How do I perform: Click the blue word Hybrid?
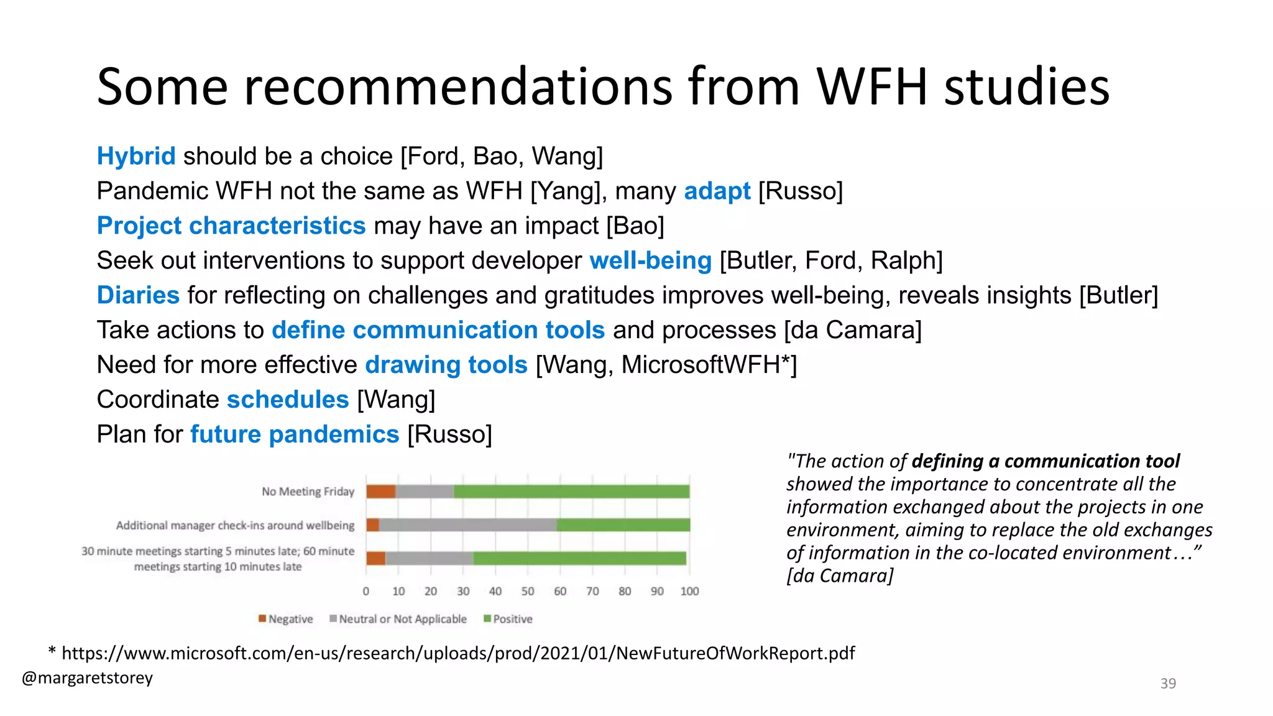(x=136, y=156)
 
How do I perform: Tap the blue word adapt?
(x=717, y=191)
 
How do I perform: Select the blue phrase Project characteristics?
(x=231, y=226)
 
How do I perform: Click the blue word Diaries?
(x=138, y=295)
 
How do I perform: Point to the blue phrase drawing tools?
(x=446, y=365)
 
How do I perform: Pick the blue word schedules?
(x=288, y=400)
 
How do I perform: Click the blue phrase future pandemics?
(x=295, y=434)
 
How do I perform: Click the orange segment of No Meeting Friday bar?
(x=380, y=492)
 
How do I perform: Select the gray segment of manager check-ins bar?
(x=467, y=525)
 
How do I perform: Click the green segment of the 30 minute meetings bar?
(x=579, y=558)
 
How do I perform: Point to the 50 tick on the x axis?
(x=528, y=591)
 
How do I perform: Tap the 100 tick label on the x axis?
(x=689, y=591)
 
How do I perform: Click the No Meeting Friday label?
(x=308, y=492)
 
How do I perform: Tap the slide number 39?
(x=1168, y=684)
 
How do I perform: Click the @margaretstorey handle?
(x=87, y=677)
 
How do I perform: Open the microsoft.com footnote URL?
(x=458, y=653)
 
